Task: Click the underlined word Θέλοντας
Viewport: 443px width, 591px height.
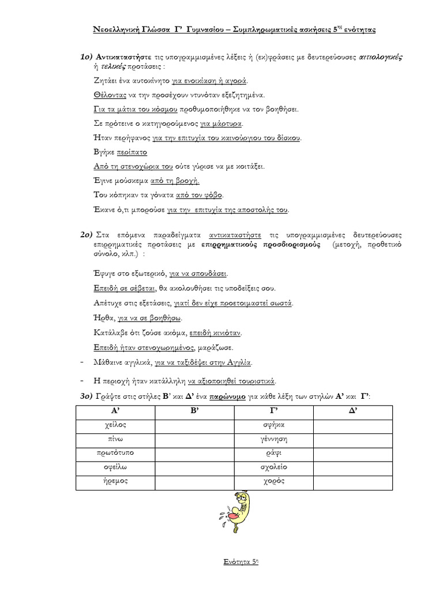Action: coord(106,95)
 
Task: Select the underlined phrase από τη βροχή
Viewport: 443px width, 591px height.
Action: coord(175,181)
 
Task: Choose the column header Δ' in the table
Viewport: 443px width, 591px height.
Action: coord(352,412)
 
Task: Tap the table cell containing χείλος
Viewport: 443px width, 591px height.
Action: coord(115,425)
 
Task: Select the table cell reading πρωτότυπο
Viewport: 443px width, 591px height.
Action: coord(115,453)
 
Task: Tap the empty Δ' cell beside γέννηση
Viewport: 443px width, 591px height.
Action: coord(352,439)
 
